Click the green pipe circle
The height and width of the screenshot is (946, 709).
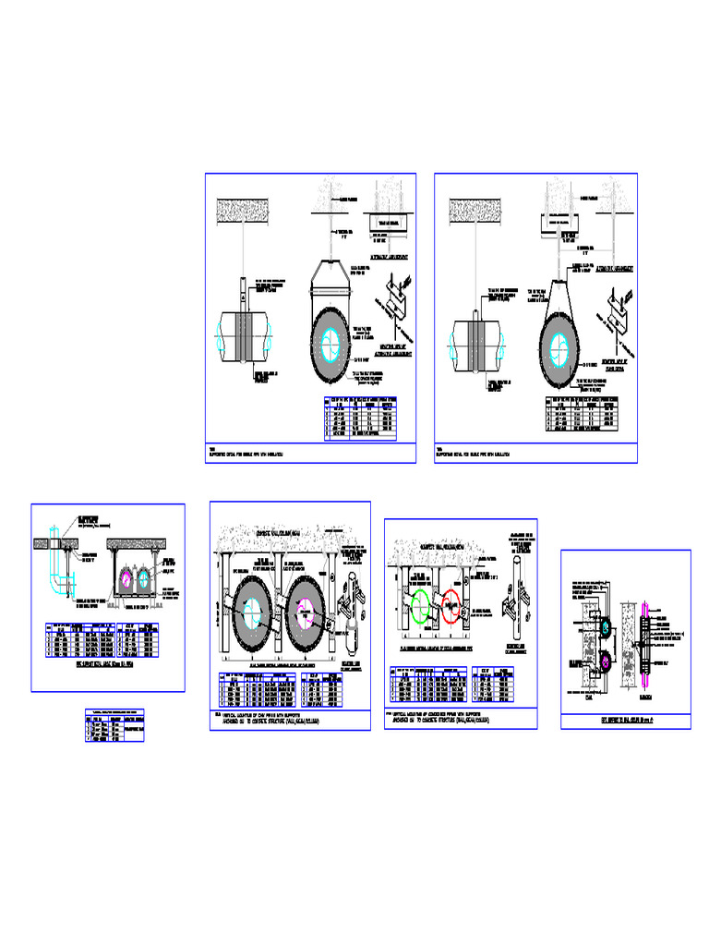tap(421, 608)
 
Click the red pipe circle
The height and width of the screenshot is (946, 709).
tap(452, 608)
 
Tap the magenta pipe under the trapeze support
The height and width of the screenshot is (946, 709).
tap(126, 579)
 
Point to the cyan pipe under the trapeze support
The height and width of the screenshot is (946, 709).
tap(146, 580)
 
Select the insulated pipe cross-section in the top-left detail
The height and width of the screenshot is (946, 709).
tap(329, 343)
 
